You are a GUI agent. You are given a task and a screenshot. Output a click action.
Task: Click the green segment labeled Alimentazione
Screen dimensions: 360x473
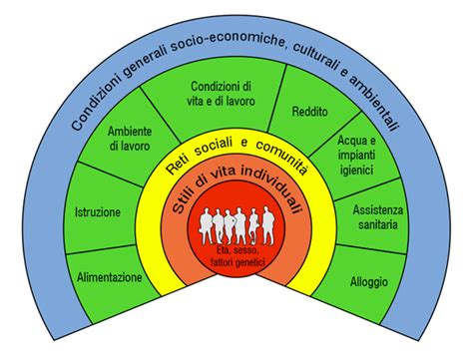pos(110,276)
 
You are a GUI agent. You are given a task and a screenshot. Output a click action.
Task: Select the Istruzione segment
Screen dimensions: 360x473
pos(98,212)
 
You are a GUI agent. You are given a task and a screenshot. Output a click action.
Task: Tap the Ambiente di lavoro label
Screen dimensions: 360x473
pos(131,140)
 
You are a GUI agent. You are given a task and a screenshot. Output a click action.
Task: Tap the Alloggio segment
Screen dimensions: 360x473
pos(368,281)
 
